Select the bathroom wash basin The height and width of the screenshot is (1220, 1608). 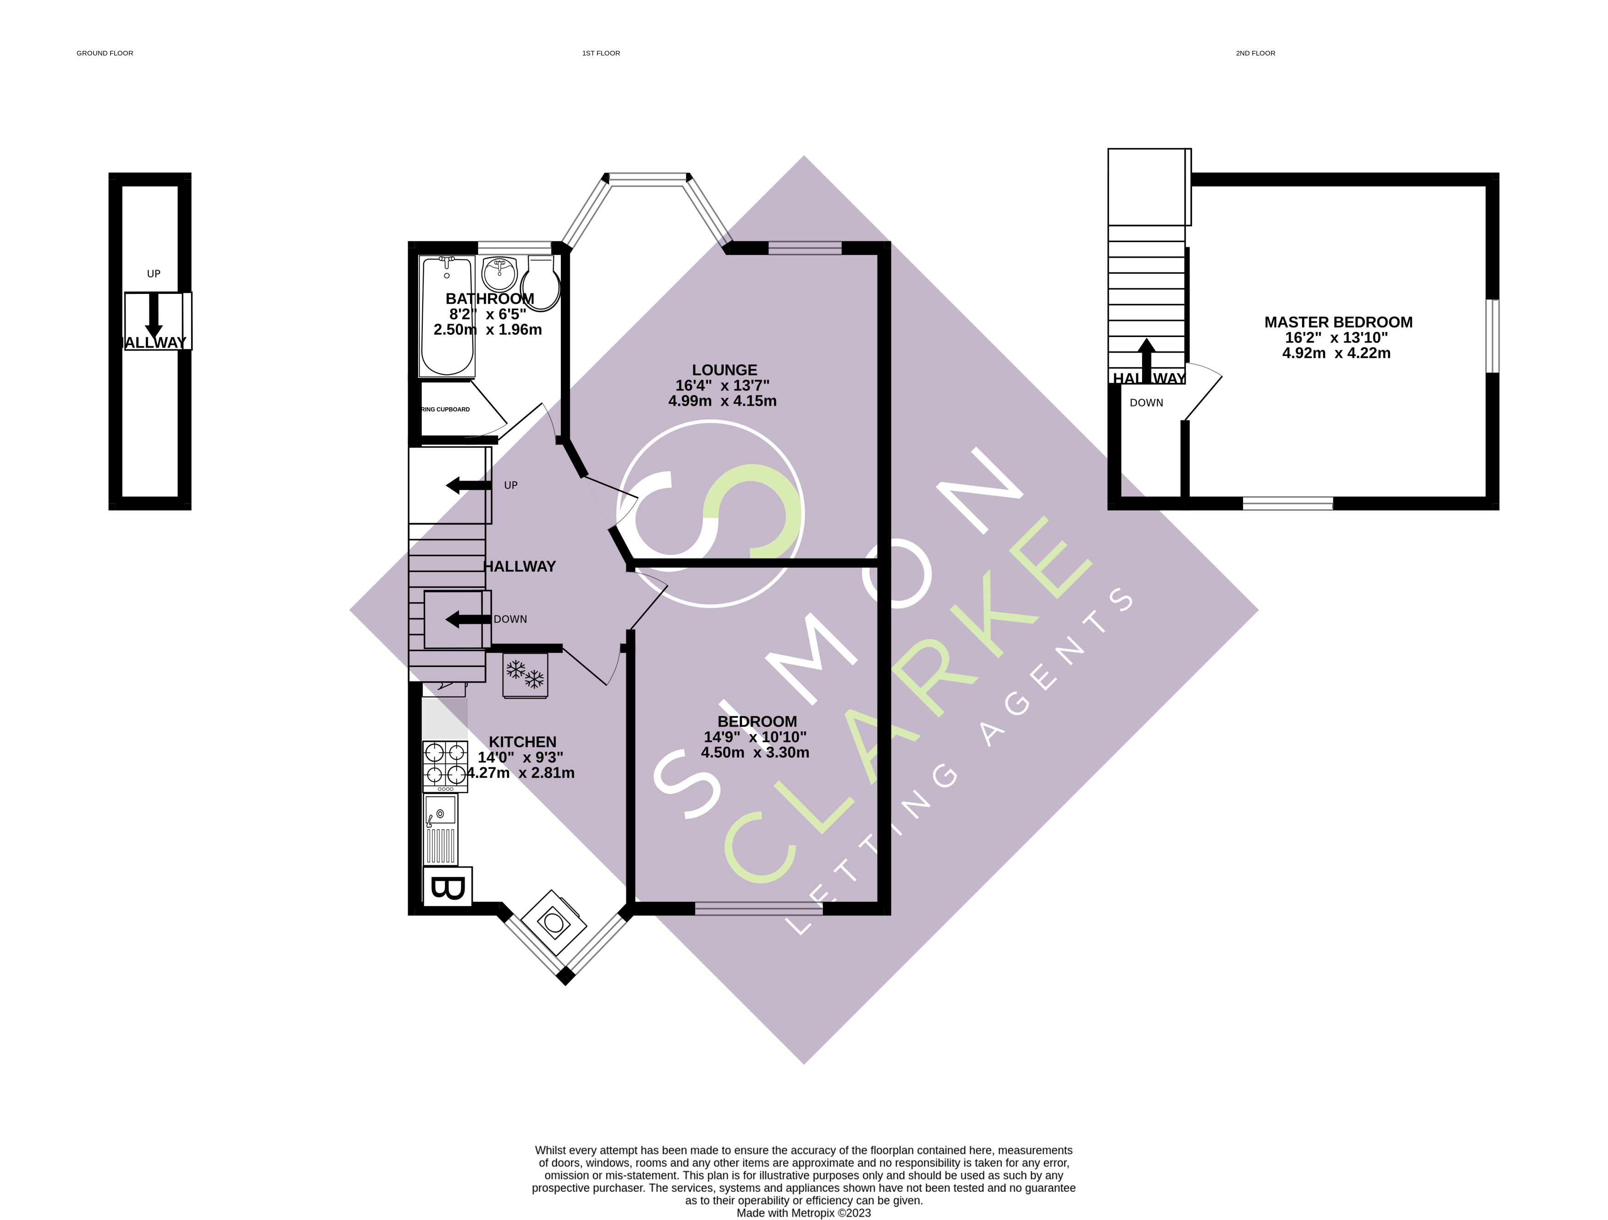(x=499, y=275)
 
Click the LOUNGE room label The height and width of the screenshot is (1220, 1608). (x=724, y=370)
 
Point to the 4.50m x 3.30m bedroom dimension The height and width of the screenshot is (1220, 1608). (x=755, y=752)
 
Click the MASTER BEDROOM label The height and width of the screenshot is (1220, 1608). (x=1337, y=322)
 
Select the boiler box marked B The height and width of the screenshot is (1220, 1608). (x=448, y=888)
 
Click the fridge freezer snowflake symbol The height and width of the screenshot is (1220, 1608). (x=525, y=675)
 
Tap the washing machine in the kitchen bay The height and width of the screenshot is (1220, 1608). (x=554, y=923)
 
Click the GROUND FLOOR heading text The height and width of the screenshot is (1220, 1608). (x=105, y=53)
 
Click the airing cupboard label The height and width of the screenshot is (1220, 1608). (x=446, y=409)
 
